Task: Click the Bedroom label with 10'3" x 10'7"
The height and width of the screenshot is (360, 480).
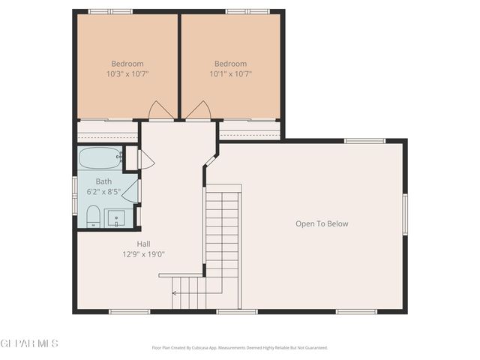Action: coord(127,64)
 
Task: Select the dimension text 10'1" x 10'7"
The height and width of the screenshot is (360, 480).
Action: coord(230,74)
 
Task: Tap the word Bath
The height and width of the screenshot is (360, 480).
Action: coord(103,181)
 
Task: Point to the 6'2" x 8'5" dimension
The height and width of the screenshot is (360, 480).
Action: coord(103,192)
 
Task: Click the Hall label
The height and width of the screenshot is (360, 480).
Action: coord(143,244)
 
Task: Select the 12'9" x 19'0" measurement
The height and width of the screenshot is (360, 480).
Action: coord(143,254)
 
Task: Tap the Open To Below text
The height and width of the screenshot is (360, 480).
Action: coord(322,223)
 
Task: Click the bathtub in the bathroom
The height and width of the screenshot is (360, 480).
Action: coord(100,158)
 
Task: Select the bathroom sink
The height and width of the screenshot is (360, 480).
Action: coord(116,219)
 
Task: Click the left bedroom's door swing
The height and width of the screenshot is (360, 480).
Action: coord(161,112)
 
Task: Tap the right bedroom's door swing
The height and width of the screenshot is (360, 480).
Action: coord(198,112)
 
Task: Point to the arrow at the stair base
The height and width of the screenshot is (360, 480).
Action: coord(176,293)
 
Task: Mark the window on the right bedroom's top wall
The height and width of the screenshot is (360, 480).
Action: coord(247,11)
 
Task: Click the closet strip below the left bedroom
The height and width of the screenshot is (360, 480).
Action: coord(107,130)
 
